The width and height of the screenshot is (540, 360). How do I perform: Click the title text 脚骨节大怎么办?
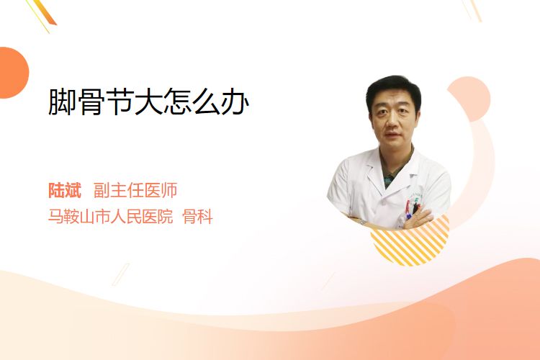click(x=148, y=102)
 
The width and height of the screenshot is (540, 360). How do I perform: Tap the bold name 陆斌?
click(x=65, y=191)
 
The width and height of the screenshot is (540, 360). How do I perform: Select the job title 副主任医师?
click(x=135, y=191)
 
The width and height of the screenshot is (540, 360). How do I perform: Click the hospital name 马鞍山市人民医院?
click(x=110, y=217)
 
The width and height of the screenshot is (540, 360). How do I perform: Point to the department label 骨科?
click(x=198, y=217)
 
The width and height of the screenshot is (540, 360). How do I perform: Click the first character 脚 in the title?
click(x=62, y=102)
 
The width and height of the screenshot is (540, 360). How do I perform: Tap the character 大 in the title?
click(x=148, y=102)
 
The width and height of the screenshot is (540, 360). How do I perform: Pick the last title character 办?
click(x=235, y=102)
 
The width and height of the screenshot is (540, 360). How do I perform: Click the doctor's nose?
click(x=392, y=121)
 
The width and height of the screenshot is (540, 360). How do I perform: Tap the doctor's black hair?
click(x=393, y=88)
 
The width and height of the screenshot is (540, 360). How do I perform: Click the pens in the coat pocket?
click(x=412, y=209)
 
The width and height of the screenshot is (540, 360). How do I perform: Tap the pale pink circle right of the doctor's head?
click(x=470, y=99)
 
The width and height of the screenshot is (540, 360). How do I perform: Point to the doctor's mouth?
click(x=391, y=135)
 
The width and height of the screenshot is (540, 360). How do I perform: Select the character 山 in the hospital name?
click(x=87, y=217)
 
